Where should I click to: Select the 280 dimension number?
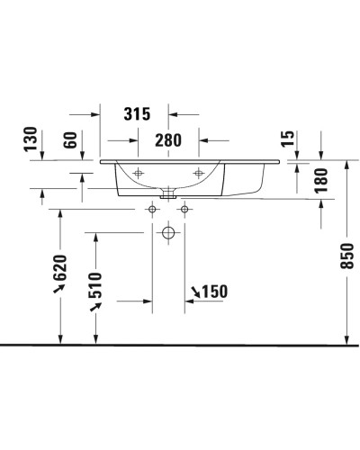pos(168,139)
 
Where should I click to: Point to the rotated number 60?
pos(70,141)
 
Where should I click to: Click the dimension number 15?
pos(288,140)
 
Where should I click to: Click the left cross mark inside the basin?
pos(138,173)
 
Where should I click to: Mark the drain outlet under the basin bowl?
pos(168,193)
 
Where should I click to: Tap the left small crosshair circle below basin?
pos(152,210)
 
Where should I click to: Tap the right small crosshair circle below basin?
pos(184,210)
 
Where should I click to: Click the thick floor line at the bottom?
pos(180,345)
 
